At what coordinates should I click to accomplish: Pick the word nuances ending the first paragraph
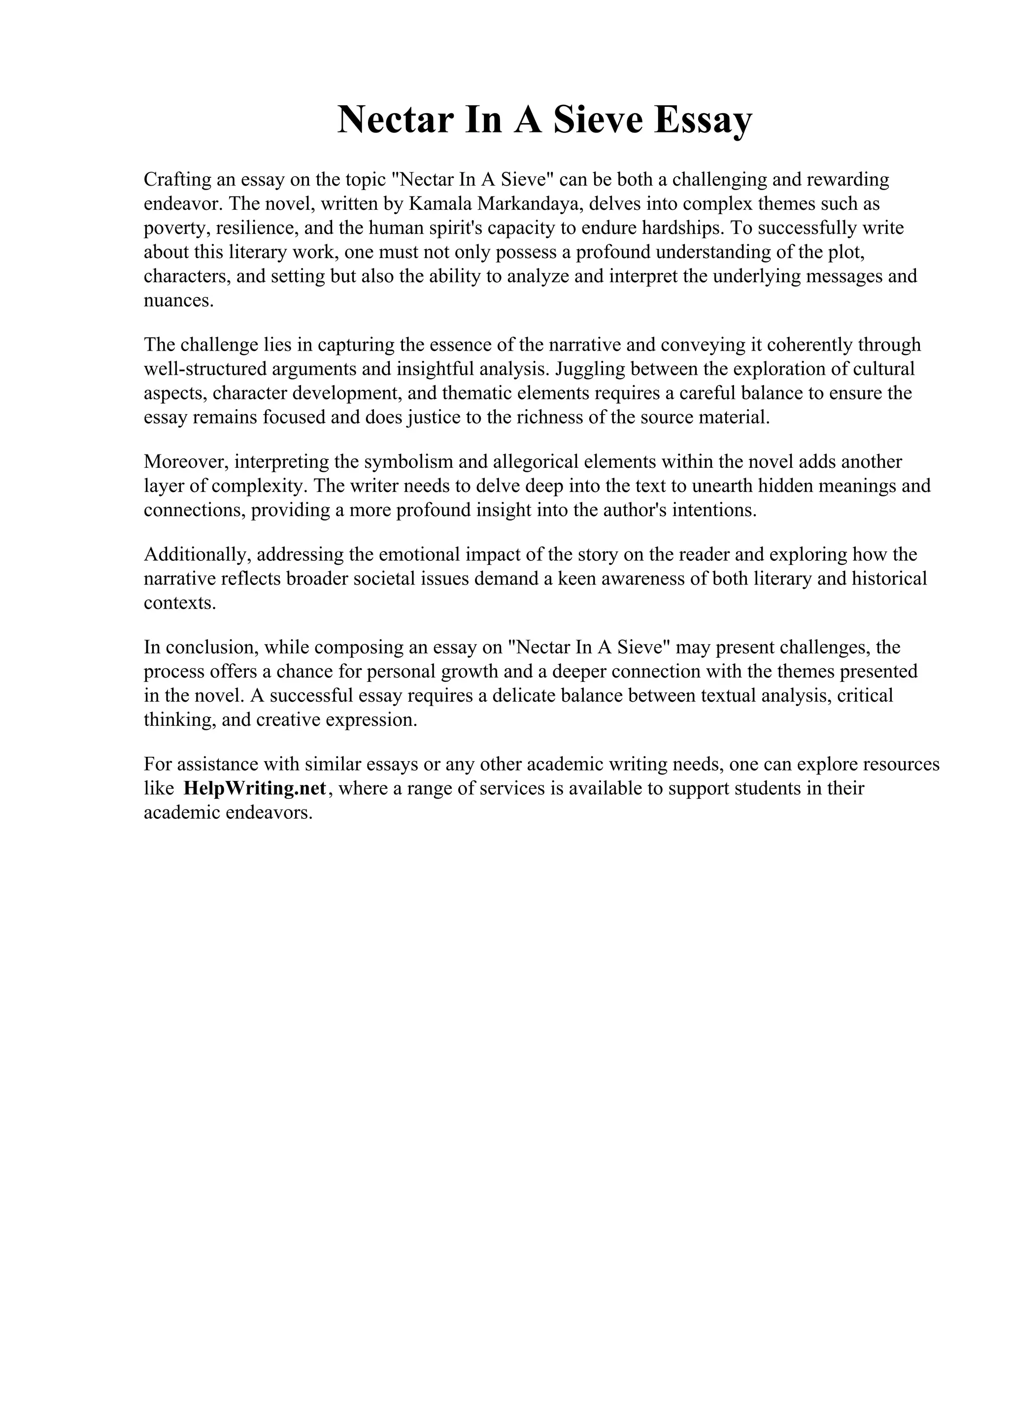[x=178, y=301]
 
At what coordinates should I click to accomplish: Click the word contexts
[x=180, y=603]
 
